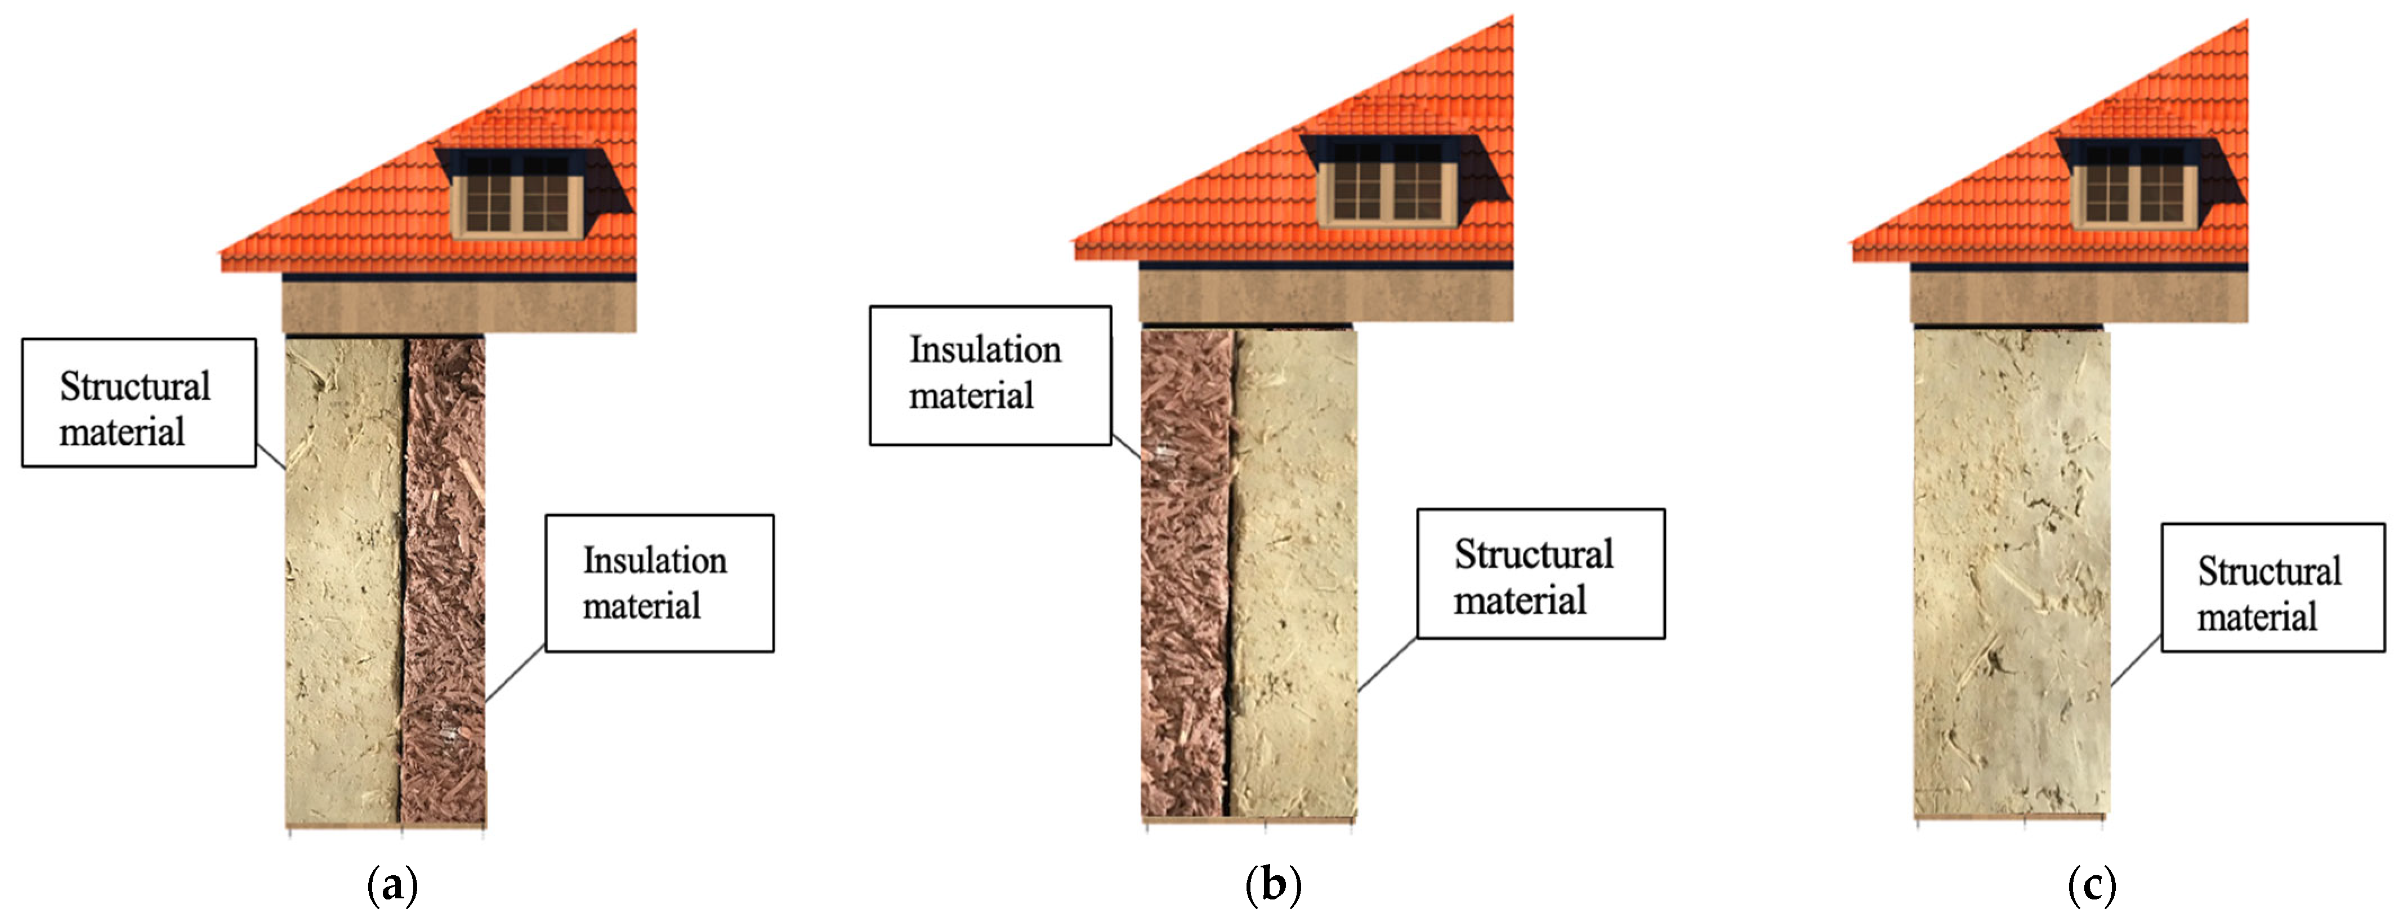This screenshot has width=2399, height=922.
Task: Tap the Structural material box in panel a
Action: (139, 402)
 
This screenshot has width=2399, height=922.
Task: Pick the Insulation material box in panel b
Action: (990, 375)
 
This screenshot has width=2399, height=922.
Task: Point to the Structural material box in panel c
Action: (2272, 587)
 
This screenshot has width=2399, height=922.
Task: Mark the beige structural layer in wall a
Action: (343, 577)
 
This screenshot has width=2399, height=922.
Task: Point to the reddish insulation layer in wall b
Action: (1185, 573)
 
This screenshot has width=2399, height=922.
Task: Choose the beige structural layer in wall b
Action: (1294, 573)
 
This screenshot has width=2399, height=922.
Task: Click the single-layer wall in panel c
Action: (2012, 573)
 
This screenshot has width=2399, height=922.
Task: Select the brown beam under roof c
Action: (2079, 297)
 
